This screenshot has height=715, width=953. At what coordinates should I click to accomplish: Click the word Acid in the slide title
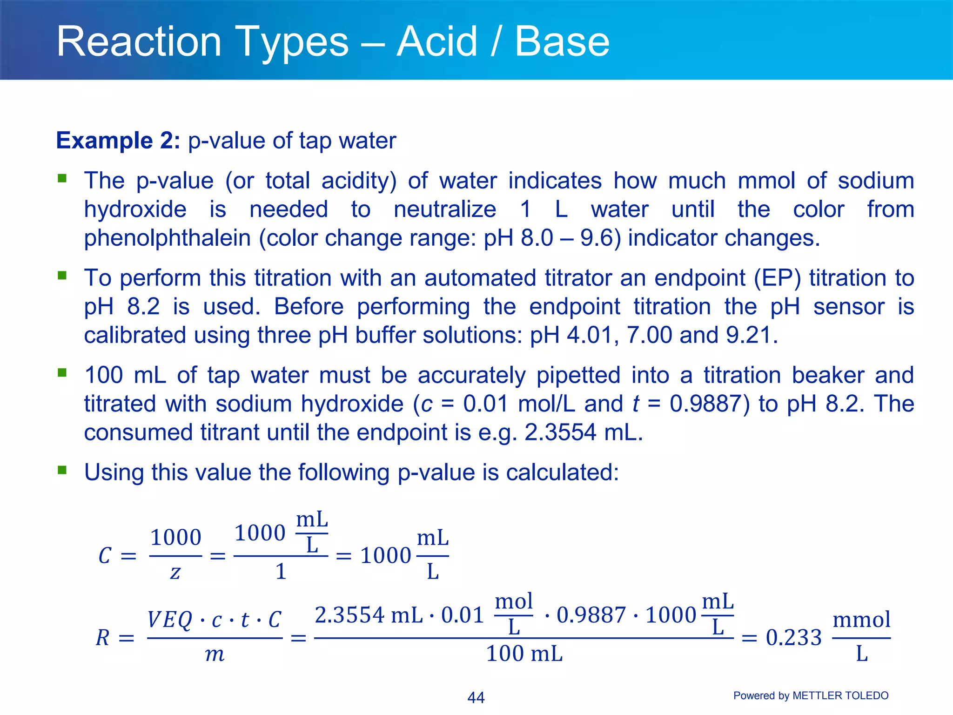[437, 42]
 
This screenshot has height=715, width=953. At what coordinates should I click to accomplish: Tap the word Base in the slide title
[562, 42]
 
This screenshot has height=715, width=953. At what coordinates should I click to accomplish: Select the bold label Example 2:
[118, 141]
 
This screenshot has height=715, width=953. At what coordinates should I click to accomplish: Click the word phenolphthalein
[168, 238]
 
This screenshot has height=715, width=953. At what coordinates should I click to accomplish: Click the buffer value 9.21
[752, 335]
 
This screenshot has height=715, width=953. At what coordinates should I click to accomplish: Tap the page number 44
[476, 697]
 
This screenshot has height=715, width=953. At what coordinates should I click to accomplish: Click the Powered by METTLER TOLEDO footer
[811, 696]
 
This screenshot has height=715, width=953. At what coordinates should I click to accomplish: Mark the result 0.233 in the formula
[793, 638]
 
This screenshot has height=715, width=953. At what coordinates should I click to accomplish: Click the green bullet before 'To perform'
[62, 276]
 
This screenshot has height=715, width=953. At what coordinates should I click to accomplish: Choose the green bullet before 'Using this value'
[62, 471]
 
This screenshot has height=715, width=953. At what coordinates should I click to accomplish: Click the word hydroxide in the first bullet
[135, 209]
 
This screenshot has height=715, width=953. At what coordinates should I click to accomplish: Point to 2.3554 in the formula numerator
[349, 615]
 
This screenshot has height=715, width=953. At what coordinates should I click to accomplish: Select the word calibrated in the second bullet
[134, 335]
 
